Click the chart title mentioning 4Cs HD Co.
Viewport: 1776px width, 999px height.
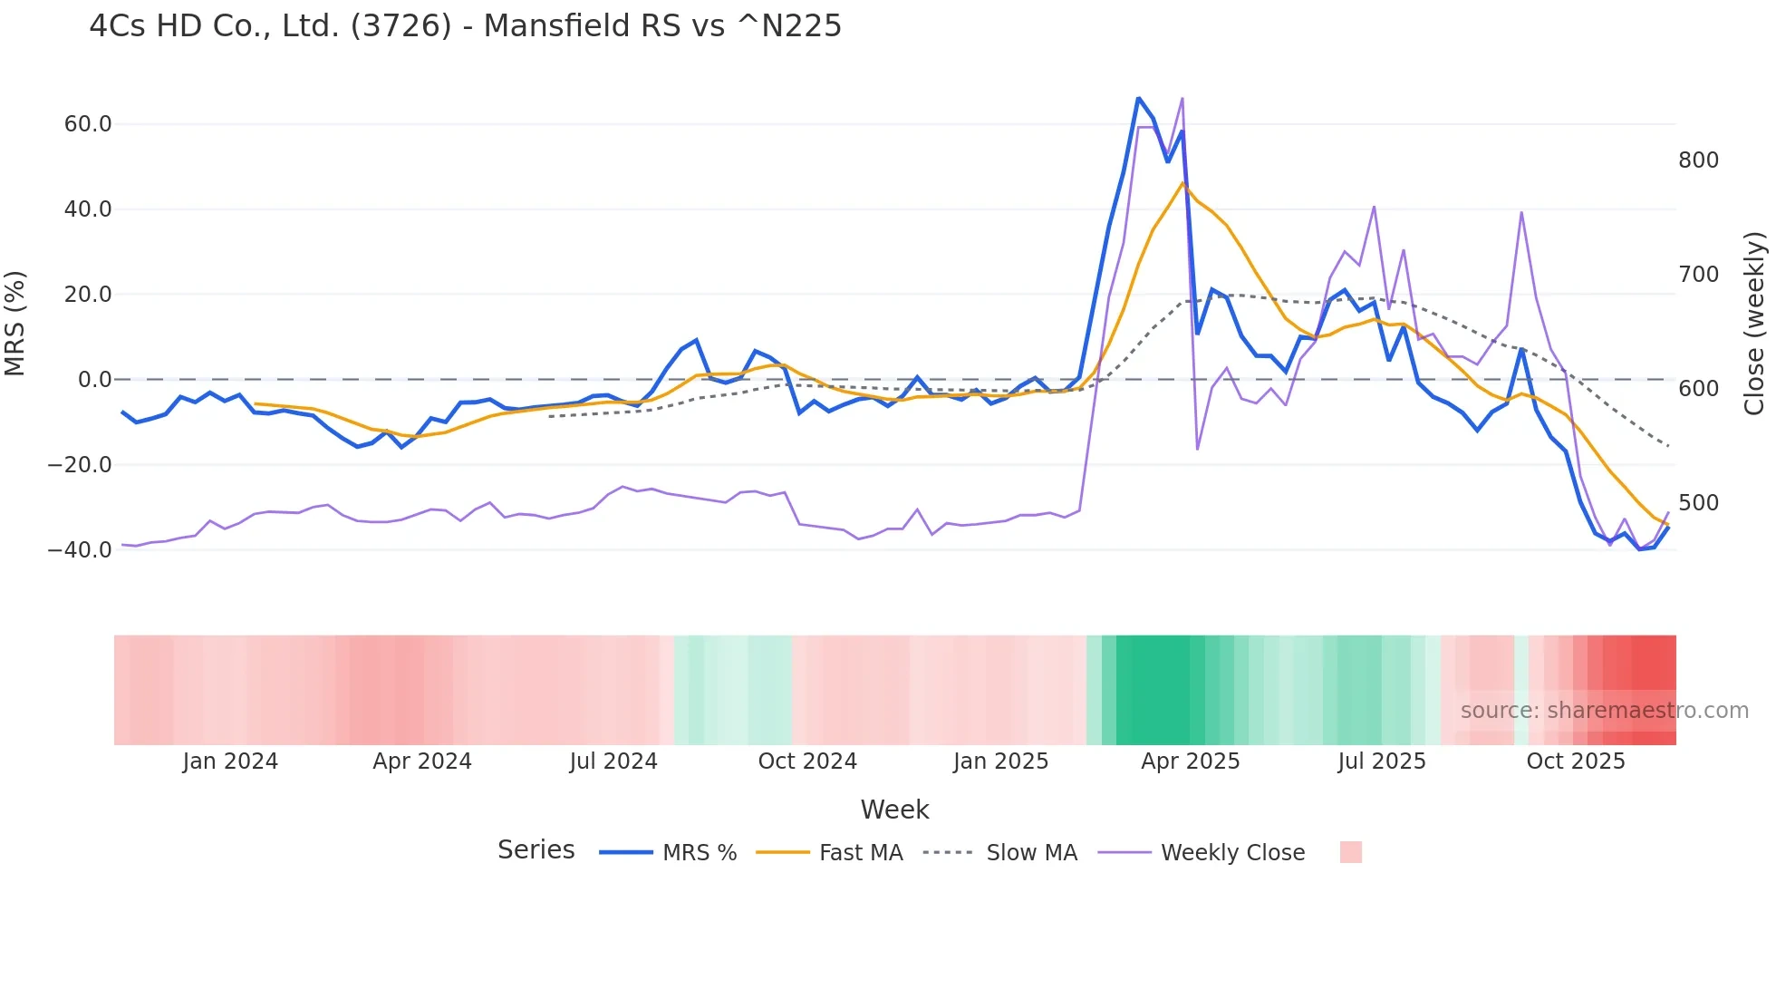[465, 26]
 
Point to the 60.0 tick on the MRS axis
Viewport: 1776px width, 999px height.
[87, 124]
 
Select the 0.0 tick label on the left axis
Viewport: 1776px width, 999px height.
[94, 380]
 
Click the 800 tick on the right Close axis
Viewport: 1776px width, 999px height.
[1698, 160]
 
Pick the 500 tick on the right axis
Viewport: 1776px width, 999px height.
[1698, 503]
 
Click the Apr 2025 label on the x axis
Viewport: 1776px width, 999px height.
[1190, 761]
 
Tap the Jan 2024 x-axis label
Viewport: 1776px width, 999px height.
[230, 761]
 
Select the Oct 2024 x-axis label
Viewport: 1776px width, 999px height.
[806, 761]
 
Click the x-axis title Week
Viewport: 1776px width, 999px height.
[894, 810]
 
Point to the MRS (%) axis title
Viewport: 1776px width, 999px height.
[15, 324]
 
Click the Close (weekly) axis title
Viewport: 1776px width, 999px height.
[1754, 324]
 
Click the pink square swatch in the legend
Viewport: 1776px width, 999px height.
[1350, 852]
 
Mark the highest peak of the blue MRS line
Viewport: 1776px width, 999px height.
[1138, 98]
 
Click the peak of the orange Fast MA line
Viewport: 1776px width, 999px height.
[1182, 183]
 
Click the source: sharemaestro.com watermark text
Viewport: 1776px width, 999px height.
[1604, 711]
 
